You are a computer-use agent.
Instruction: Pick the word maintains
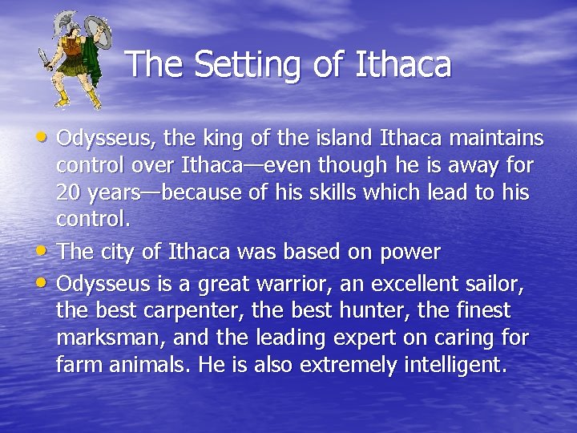[496, 139]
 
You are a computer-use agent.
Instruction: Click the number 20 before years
[68, 193]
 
